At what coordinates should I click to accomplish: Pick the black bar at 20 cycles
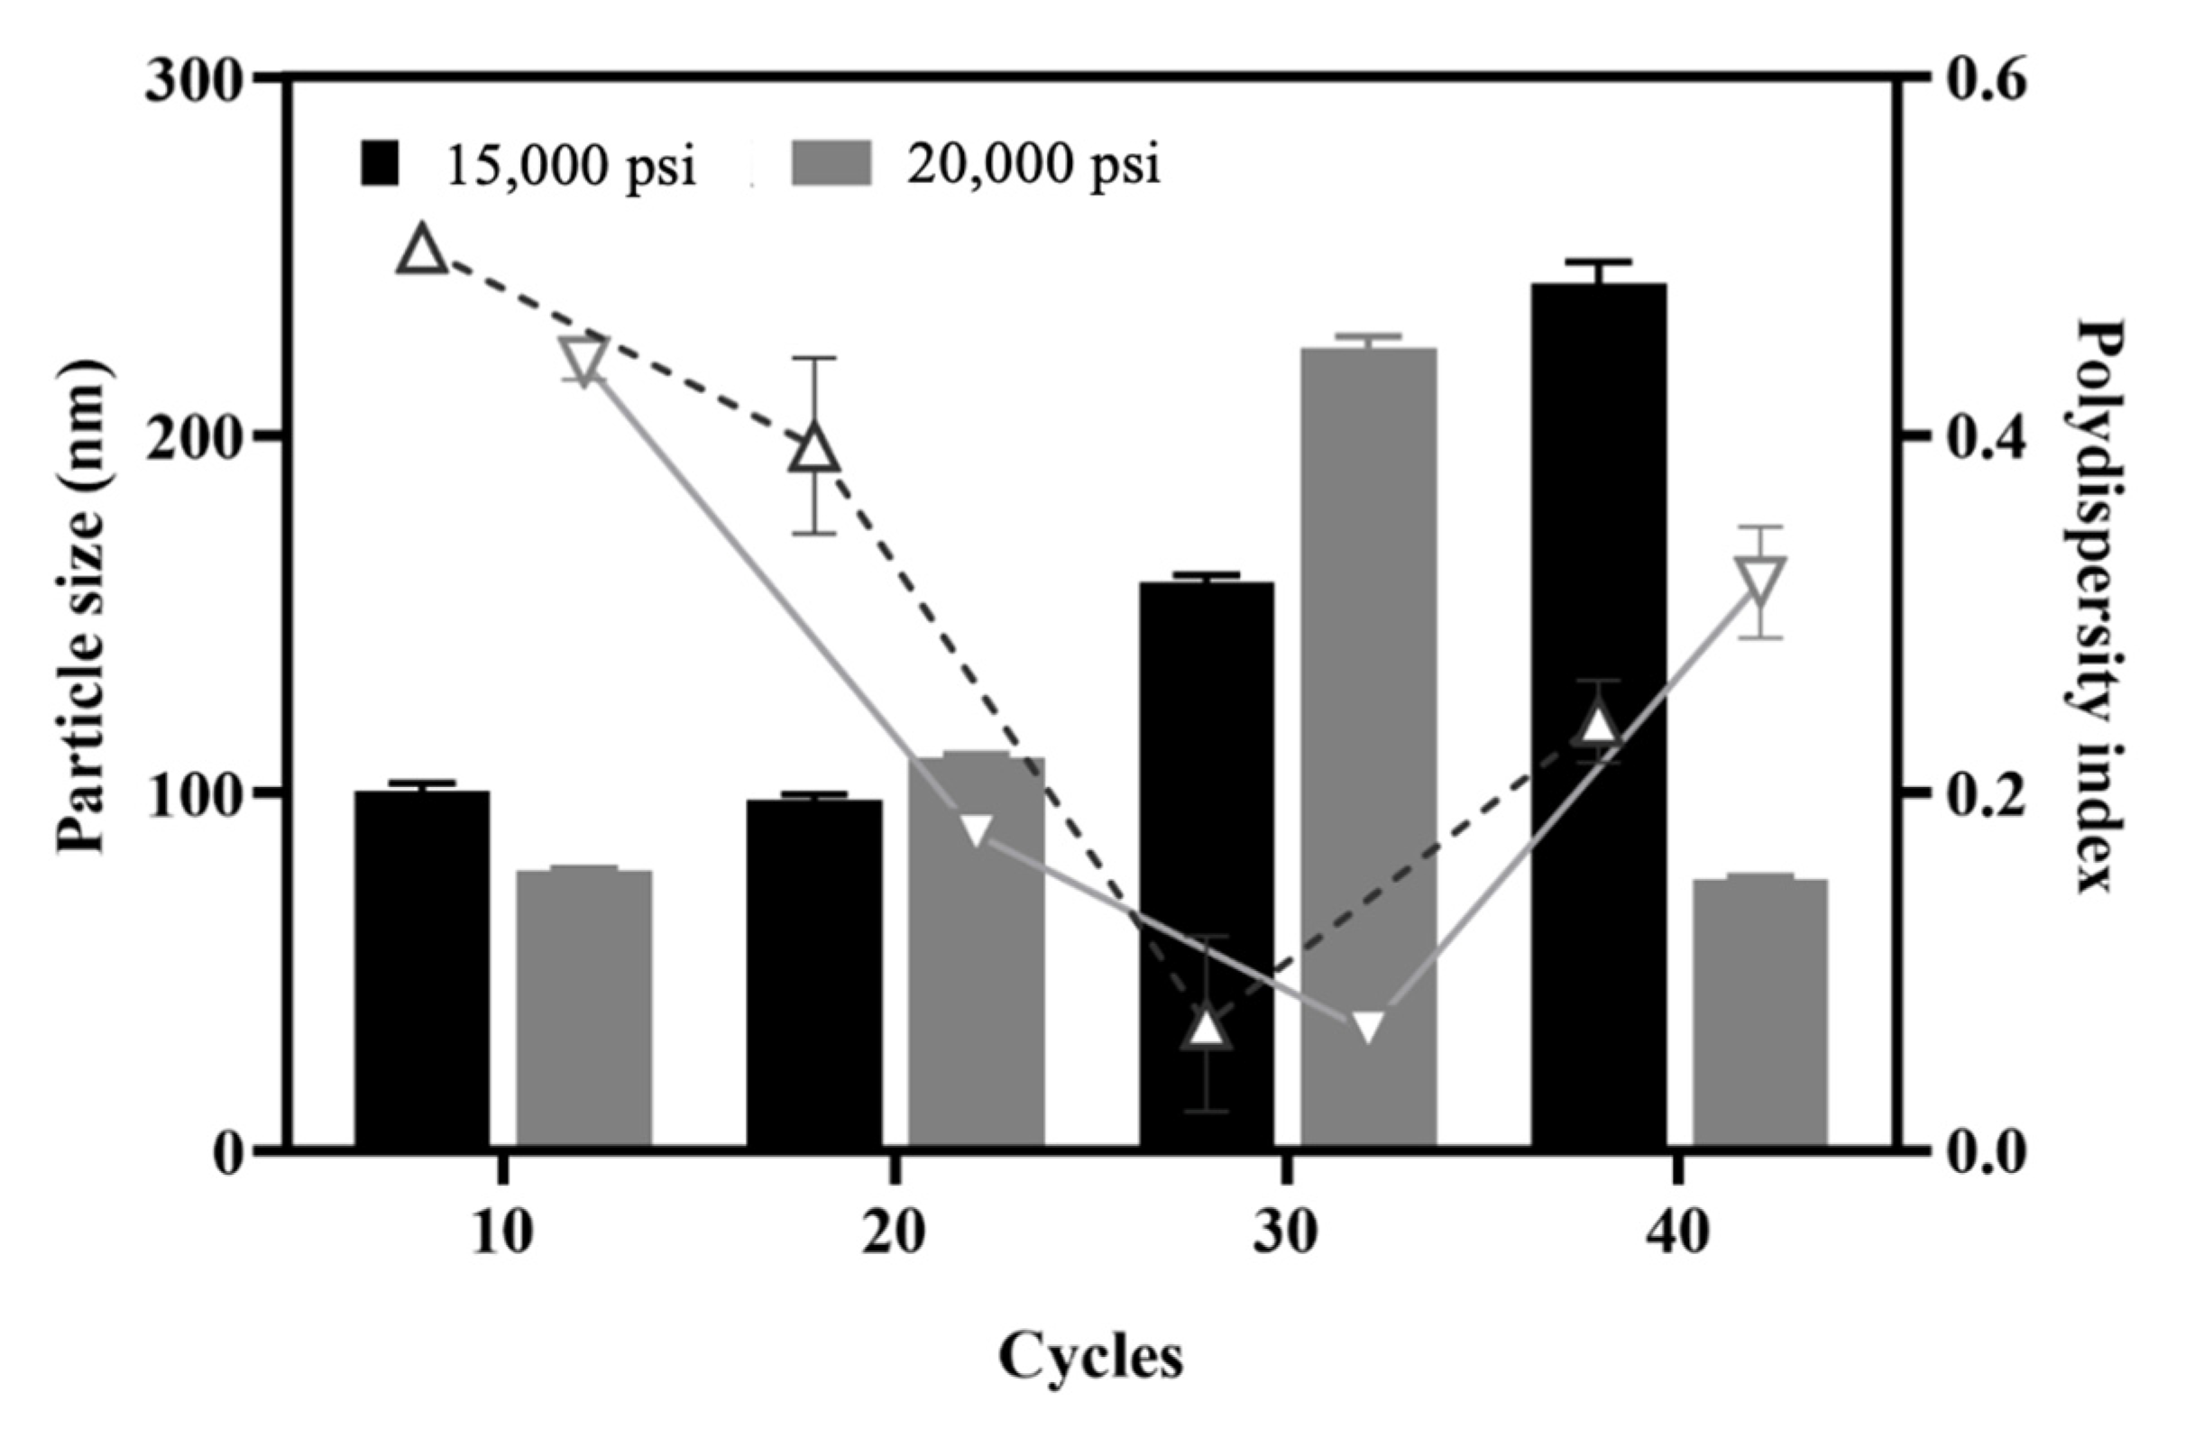pos(814,973)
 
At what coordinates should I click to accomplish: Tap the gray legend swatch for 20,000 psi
pos(831,164)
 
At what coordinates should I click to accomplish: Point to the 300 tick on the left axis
pos(190,82)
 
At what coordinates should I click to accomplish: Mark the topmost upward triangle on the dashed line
pos(422,251)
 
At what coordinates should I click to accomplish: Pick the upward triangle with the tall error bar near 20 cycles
pos(814,448)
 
